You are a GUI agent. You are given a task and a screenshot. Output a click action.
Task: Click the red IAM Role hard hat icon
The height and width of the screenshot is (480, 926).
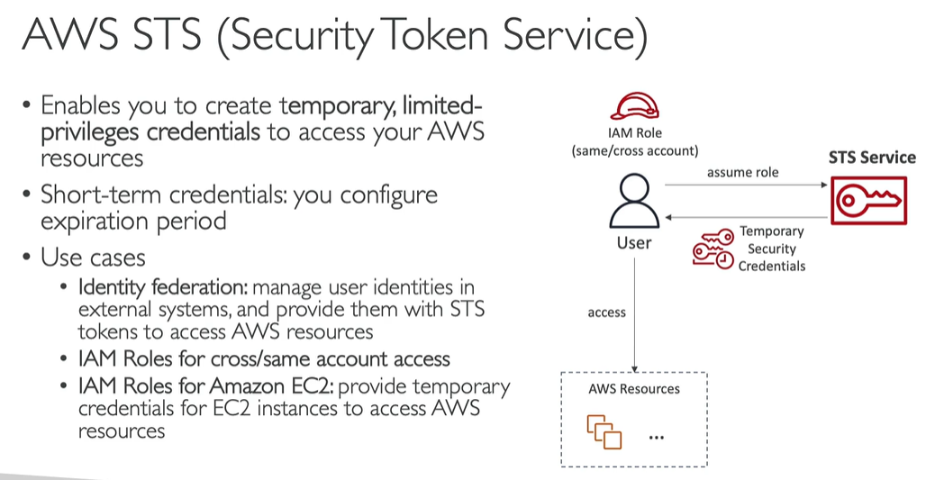coord(634,106)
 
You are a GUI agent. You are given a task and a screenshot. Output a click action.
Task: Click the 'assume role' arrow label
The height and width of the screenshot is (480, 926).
coord(743,172)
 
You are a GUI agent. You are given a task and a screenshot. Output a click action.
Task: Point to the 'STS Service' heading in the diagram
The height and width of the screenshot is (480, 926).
coord(872,158)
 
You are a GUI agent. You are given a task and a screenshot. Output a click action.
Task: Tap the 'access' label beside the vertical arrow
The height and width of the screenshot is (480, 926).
coord(606,312)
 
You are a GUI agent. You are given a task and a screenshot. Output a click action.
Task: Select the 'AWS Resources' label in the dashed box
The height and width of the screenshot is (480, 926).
coord(634,389)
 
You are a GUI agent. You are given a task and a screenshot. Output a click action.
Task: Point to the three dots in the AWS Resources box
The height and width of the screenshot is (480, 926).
coord(657,438)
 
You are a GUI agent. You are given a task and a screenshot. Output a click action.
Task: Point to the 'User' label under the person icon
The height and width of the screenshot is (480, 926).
coord(634,242)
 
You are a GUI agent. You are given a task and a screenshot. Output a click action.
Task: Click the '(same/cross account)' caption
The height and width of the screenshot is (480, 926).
coord(635,150)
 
